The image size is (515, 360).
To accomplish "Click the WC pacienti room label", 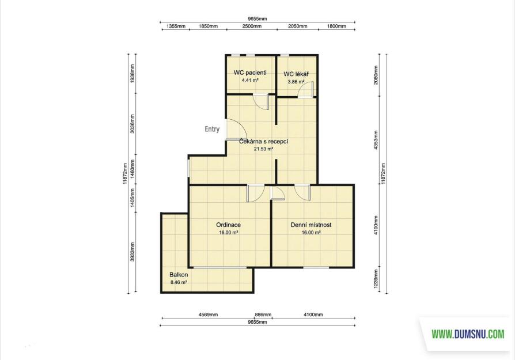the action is pos(250,73).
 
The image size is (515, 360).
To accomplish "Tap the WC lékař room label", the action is pos(296,74).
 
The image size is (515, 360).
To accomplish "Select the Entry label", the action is pos(212,129).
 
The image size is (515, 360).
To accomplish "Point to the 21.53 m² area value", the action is pos(263,149).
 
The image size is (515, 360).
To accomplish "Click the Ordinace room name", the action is pos(228,225).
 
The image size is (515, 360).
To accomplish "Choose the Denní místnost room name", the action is pos(310,225).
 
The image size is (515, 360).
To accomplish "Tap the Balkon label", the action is pos(179,275).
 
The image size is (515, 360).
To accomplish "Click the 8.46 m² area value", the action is pos(179,282).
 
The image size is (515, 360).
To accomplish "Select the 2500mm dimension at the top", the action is pos(252,26).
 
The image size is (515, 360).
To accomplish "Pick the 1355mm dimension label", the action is pos(176,26).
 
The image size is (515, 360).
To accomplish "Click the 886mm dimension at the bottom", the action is pos(263,314).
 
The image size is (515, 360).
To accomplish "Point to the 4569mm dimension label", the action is pos(208,314).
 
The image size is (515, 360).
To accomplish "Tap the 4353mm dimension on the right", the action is pos(376,140).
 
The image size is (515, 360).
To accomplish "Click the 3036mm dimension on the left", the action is pos(132,123).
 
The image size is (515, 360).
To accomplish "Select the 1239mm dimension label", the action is pos(376,278).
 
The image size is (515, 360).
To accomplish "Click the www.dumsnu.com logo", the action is pos(468,335).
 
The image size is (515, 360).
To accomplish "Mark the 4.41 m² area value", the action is pos(250,80).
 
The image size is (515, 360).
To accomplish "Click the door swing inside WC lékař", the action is pos(305,89).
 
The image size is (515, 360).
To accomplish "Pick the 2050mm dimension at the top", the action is pos(298,26).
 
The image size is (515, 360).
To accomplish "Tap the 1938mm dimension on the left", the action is pos(132,73).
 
